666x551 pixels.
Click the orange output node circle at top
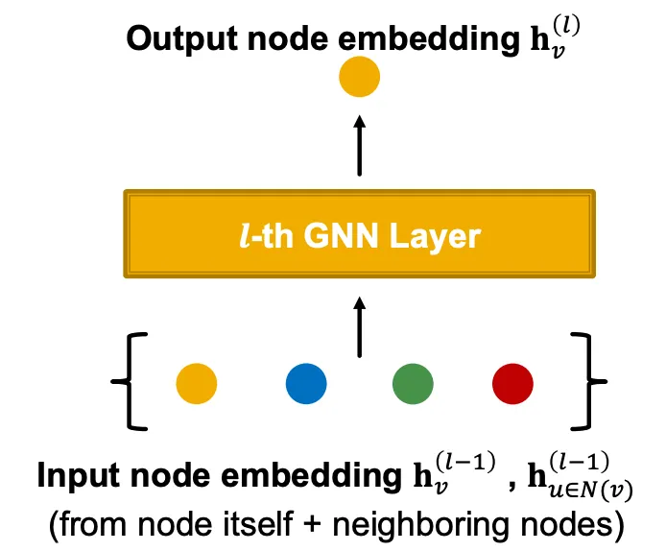(360, 78)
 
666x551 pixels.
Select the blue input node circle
(306, 384)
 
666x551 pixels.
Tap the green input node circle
(413, 384)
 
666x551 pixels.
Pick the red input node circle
(512, 384)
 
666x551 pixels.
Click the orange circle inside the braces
(197, 384)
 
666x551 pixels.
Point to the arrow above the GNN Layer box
(360, 146)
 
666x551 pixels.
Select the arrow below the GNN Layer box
(360, 328)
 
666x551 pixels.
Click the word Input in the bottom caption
(76, 475)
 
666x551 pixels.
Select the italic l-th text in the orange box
(266, 235)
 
